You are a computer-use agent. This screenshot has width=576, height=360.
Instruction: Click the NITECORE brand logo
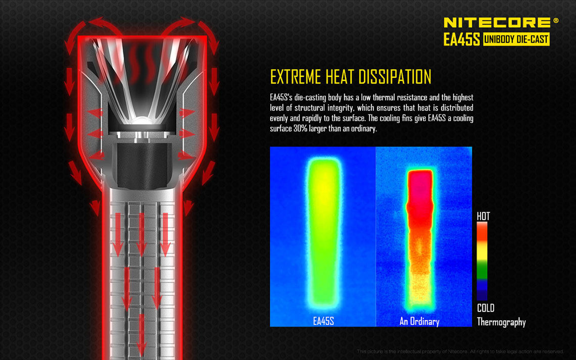pyautogui.click(x=497, y=23)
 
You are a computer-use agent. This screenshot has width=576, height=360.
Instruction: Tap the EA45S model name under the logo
pyautogui.click(x=462, y=39)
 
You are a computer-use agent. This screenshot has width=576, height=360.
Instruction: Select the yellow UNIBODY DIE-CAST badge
pyautogui.click(x=516, y=39)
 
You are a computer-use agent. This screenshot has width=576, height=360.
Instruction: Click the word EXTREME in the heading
pyautogui.click(x=296, y=77)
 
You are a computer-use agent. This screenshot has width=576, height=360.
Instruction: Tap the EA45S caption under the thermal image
pyautogui.click(x=323, y=322)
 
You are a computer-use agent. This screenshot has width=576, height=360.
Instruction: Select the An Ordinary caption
pyautogui.click(x=419, y=322)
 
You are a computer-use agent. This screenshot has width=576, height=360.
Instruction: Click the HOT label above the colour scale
pyautogui.click(x=484, y=216)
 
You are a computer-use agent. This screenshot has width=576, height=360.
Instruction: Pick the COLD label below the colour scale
pyautogui.click(x=486, y=308)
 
